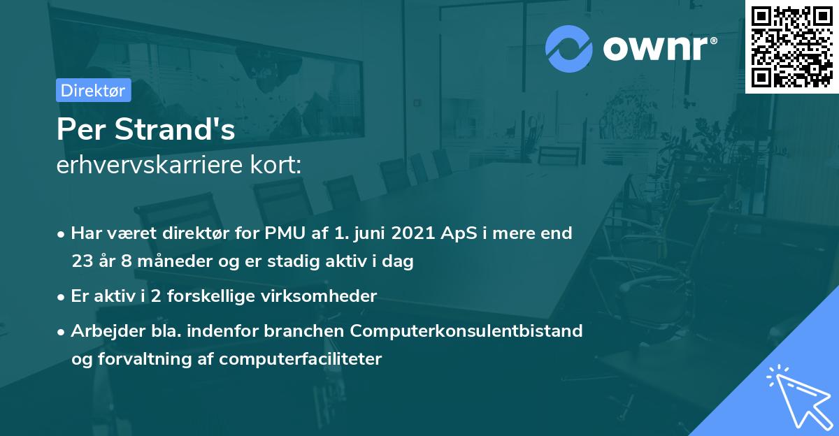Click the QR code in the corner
click(792, 47)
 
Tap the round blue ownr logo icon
click(568, 48)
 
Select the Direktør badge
click(93, 90)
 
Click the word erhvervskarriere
click(155, 166)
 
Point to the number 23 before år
click(82, 262)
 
